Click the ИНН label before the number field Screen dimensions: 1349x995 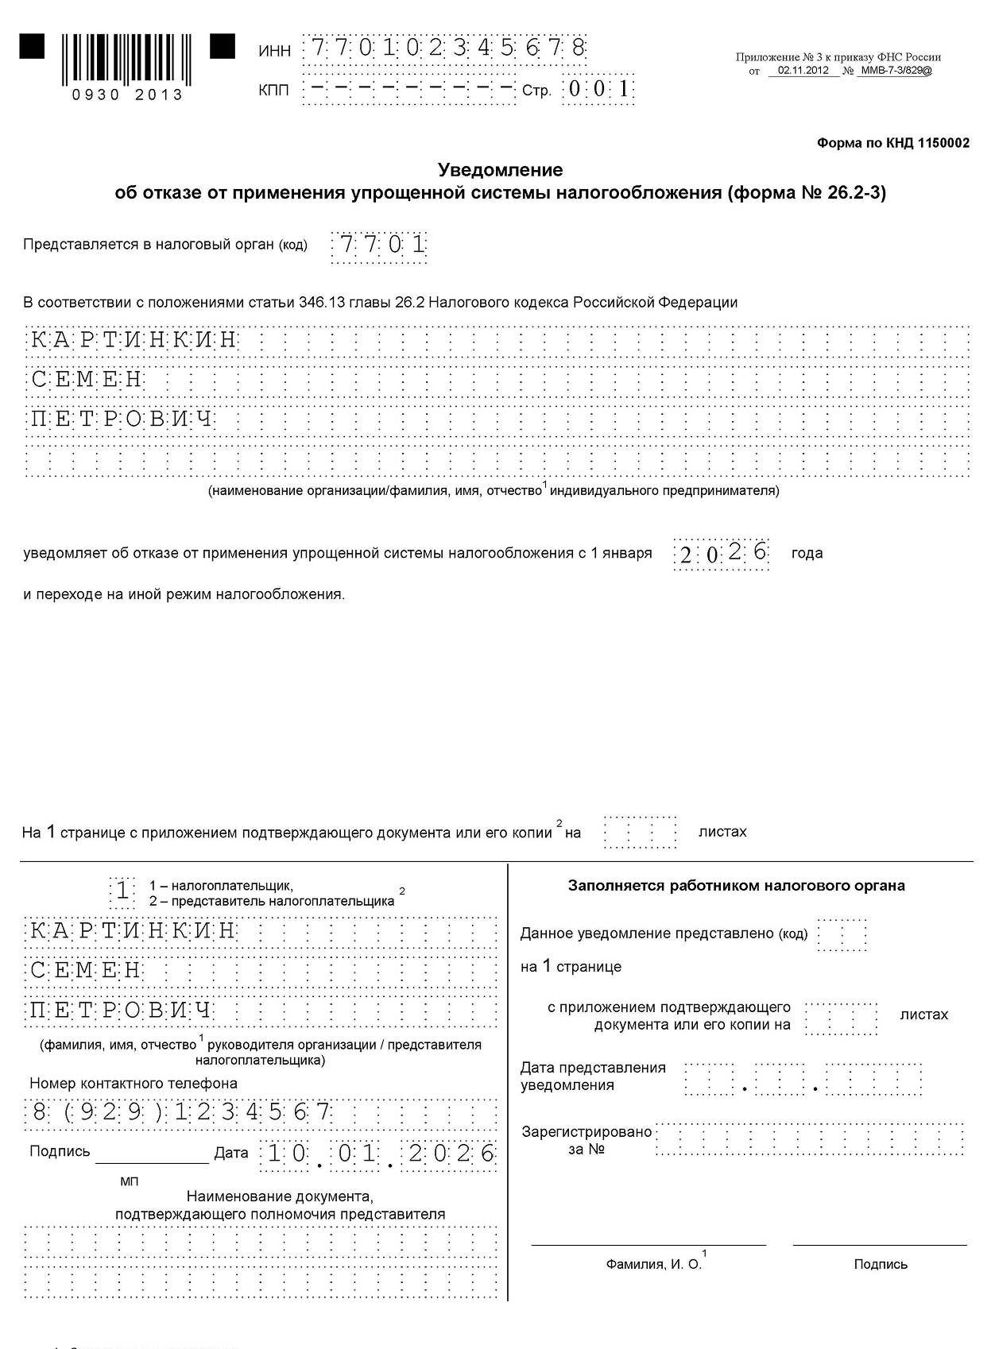(x=275, y=51)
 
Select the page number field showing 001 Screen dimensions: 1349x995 (x=598, y=89)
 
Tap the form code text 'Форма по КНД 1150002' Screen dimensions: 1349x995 (x=892, y=144)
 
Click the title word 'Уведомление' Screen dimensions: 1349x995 (x=501, y=170)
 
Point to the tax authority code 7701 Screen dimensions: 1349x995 (x=380, y=245)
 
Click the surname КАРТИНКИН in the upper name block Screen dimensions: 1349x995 (x=134, y=341)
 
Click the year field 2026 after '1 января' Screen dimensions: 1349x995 (x=722, y=553)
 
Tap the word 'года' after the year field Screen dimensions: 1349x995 (x=807, y=553)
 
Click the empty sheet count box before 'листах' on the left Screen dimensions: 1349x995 (x=640, y=833)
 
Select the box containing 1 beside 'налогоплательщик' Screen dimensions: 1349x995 (x=122, y=891)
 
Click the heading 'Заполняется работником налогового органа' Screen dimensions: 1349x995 (x=736, y=886)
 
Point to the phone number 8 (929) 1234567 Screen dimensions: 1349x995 (x=181, y=1112)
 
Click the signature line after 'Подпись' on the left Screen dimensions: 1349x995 (x=152, y=1156)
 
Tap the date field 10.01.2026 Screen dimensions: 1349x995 (x=380, y=1154)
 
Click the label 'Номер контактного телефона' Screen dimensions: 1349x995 (x=134, y=1084)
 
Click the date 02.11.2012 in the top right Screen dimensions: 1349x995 (x=803, y=70)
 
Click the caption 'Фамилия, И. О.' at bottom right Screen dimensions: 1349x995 (x=653, y=1264)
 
